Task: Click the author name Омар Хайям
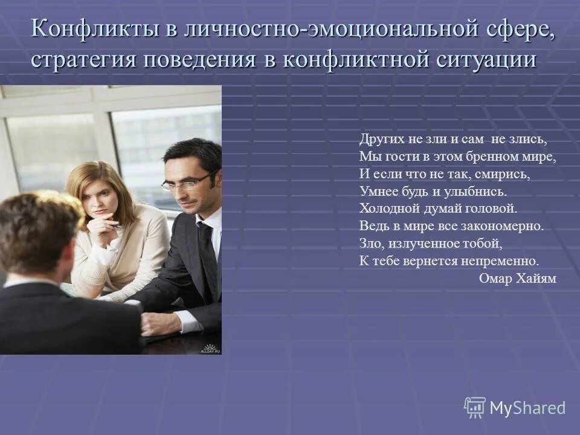click(x=517, y=278)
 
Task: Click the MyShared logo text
click(x=527, y=408)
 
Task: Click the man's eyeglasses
click(x=185, y=182)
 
